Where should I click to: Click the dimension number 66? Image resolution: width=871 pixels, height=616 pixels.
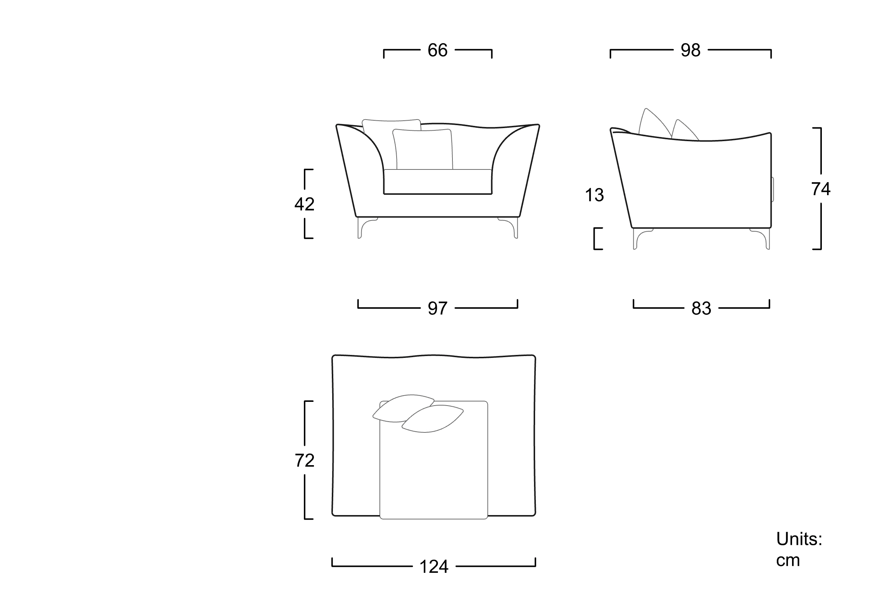coord(438,50)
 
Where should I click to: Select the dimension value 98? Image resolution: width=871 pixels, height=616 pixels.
coord(690,50)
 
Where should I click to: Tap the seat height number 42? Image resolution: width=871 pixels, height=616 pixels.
coord(304,204)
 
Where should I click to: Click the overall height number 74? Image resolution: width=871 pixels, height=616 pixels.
coord(821,189)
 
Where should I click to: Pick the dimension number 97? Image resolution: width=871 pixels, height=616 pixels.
coord(438,308)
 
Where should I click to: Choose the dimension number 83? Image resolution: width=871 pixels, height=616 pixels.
coord(701,308)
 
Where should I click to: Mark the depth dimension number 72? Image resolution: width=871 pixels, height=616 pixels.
coord(304,460)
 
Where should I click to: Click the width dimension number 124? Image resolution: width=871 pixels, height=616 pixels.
coord(434,567)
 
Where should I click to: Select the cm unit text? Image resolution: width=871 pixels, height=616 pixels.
coord(788,561)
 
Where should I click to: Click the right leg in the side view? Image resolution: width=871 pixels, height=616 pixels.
coord(760,238)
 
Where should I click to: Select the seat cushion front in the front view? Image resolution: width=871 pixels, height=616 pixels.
coord(438,182)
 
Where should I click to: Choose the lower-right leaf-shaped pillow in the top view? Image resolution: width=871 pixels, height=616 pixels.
coord(433,419)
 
